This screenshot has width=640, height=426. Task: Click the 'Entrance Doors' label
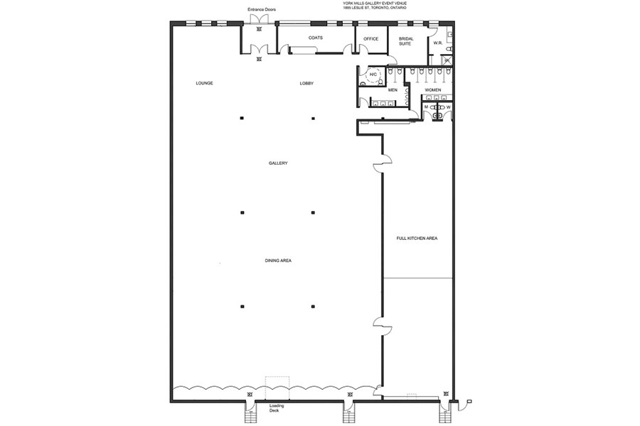(x=262, y=9)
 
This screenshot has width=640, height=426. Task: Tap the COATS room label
(x=316, y=38)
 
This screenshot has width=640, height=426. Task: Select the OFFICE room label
(x=371, y=39)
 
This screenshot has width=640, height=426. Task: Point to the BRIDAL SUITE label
(x=405, y=41)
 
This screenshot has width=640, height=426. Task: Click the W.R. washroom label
(x=438, y=42)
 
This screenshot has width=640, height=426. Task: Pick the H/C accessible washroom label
(x=373, y=74)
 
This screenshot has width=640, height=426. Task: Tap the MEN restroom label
(x=393, y=90)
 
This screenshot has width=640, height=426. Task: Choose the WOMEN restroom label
(x=432, y=90)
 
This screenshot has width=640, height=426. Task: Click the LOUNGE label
(x=205, y=83)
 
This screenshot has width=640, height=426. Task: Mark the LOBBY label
(x=306, y=83)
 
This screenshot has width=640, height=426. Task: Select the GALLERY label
(x=278, y=163)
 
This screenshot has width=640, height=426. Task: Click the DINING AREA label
(x=278, y=261)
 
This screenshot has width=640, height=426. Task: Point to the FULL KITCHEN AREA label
(x=417, y=238)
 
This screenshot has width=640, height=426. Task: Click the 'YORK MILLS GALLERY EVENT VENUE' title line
(x=375, y=3)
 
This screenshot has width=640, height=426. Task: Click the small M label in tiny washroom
(x=426, y=107)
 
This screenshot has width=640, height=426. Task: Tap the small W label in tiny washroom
(x=448, y=107)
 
